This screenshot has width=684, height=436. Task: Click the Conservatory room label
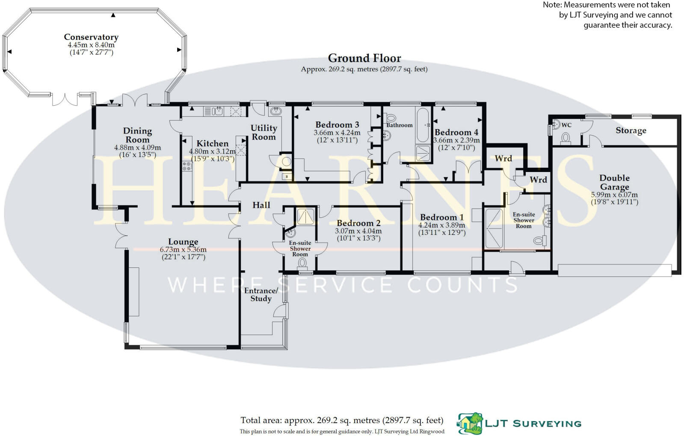point(91,37)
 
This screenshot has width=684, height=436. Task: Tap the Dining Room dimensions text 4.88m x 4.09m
point(137,148)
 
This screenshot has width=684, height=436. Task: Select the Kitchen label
point(212,143)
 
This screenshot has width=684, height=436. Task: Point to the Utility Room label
point(264,132)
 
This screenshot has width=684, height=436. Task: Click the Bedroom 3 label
point(337,125)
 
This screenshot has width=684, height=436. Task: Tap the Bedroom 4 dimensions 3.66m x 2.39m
point(456,140)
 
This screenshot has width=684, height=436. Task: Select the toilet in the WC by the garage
point(566,138)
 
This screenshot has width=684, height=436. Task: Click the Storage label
point(631,131)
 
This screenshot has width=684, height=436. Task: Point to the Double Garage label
point(614,182)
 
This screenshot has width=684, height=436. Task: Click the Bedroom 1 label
point(441,217)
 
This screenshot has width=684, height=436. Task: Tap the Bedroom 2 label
point(358,223)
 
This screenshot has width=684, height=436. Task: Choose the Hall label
point(261,205)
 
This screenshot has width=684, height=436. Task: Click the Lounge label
point(183,242)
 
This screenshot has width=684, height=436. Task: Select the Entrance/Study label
point(261,294)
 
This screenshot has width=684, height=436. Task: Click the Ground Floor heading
point(364,58)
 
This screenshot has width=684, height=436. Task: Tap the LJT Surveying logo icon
point(470,423)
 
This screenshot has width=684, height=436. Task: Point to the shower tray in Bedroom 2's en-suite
point(305,217)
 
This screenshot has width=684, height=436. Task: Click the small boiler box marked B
point(286,177)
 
